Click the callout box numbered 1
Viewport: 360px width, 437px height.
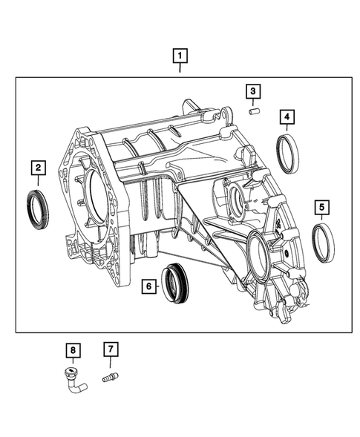point(180,55)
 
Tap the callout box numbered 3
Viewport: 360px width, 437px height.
point(253,91)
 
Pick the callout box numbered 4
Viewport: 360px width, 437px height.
point(287,116)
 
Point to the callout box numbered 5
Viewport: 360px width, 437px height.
point(322,206)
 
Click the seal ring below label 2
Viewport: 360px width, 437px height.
point(36,207)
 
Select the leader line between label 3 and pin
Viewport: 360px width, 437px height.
point(253,102)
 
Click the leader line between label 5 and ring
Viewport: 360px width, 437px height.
point(322,218)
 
